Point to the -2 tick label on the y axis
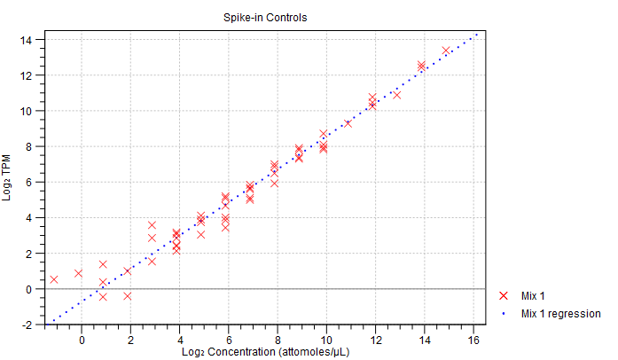pyautogui.click(x=27, y=325)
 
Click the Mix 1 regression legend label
pyautogui.click(x=561, y=314)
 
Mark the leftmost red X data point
pyautogui.click(x=54, y=279)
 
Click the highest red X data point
pyautogui.click(x=445, y=51)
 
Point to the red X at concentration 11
pyautogui.click(x=348, y=122)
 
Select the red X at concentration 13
pyautogui.click(x=396, y=94)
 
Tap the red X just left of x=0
pyautogui.click(x=78, y=273)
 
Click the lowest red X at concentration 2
pyautogui.click(x=127, y=295)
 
